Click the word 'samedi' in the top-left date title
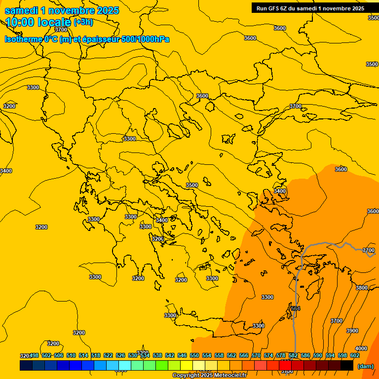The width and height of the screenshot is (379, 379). point(22,11)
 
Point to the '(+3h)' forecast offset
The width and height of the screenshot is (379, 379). point(83,22)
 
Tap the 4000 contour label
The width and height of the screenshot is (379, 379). point(361,348)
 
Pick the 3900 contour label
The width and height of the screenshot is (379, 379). point(352,331)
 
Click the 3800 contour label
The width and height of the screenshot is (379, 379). point(362,288)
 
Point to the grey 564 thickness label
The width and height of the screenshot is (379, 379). point(295,308)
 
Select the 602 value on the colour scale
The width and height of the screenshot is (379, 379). point(355,355)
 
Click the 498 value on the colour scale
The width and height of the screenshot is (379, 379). point(34,355)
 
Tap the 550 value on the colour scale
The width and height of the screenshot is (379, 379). point(194,355)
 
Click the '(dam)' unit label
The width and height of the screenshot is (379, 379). point(365,366)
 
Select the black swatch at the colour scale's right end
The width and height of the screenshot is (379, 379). point(347,365)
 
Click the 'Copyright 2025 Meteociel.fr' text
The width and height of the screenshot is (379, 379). point(209,376)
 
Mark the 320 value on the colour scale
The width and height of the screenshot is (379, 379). point(25,355)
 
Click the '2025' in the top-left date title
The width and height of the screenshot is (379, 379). point(108,11)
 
